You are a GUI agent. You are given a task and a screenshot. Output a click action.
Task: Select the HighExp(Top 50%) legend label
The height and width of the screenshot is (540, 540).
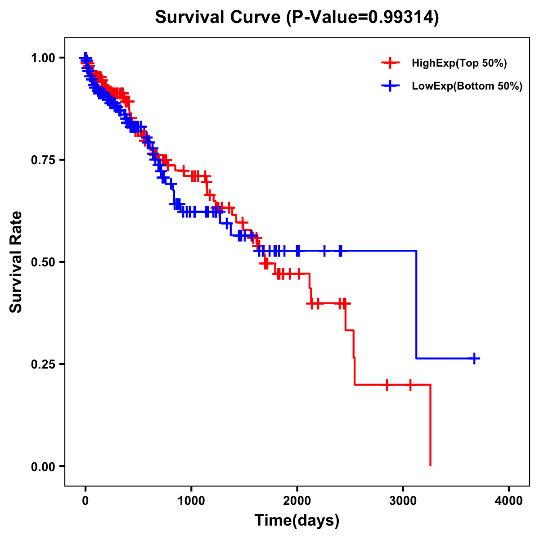point(459,63)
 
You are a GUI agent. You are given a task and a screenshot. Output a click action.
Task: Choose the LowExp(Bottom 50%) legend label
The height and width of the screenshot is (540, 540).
point(467,86)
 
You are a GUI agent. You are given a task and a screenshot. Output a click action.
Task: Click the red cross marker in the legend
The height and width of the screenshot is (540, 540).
point(390,63)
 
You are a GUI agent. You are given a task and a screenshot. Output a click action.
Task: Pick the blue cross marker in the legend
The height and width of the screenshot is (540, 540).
point(390,86)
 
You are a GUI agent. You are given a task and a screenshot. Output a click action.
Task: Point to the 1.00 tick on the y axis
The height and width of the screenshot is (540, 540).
point(43,58)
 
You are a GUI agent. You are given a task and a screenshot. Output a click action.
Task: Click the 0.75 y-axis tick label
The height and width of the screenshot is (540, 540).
point(43,160)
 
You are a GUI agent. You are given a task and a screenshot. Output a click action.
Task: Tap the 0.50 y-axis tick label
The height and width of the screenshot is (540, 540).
point(43,262)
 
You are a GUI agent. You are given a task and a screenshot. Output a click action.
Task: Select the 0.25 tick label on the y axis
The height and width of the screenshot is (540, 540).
point(43,364)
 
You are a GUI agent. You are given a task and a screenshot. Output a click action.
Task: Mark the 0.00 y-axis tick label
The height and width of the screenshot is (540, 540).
point(43,466)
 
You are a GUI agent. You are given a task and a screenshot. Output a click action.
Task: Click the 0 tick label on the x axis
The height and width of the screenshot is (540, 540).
point(85,500)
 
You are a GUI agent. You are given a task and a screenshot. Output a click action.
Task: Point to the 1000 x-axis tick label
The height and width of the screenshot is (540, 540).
point(191,500)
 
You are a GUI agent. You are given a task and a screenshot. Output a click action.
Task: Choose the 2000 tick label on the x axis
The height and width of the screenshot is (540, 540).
point(297,500)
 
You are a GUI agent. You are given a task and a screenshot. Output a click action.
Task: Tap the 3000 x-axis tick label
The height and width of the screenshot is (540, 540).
point(403,500)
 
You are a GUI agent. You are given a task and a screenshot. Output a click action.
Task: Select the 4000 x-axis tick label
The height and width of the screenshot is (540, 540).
point(509,500)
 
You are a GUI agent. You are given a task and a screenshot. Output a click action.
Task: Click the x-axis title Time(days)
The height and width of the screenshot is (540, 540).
point(297,520)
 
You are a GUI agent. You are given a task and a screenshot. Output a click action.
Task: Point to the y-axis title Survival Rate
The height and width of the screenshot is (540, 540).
point(16,262)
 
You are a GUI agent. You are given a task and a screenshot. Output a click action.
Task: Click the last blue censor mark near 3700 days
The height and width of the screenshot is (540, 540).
point(474,358)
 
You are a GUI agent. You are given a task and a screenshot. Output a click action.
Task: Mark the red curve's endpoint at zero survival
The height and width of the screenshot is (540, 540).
point(431,465)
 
